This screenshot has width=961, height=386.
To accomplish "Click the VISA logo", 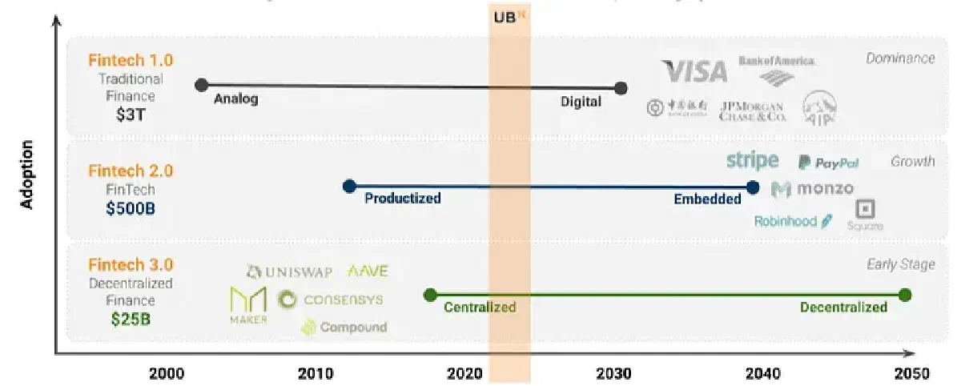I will [694, 72].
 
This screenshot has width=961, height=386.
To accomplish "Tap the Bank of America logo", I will [776, 69].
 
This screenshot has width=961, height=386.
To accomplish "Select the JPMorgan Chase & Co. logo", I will [753, 111].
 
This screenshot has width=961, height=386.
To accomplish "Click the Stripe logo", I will [752, 160].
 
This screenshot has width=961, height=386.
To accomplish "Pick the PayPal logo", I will [829, 163].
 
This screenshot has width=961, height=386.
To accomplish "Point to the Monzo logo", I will [812, 190].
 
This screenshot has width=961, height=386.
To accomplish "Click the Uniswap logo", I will [287, 271].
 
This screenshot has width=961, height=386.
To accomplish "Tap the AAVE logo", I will [368, 271].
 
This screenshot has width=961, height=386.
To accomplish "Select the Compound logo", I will [344, 327].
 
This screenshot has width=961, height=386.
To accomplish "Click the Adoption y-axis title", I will [27, 175].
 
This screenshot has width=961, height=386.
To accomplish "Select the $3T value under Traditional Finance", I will [130, 115].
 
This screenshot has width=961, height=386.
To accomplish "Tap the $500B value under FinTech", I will [130, 209].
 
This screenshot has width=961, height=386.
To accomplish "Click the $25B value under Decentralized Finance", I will [130, 319].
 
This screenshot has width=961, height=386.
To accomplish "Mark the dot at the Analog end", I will [202, 84].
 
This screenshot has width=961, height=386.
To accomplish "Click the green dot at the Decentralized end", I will [905, 295].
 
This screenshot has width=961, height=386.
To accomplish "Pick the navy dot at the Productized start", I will [349, 186].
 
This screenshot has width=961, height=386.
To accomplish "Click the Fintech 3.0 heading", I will [131, 265].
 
